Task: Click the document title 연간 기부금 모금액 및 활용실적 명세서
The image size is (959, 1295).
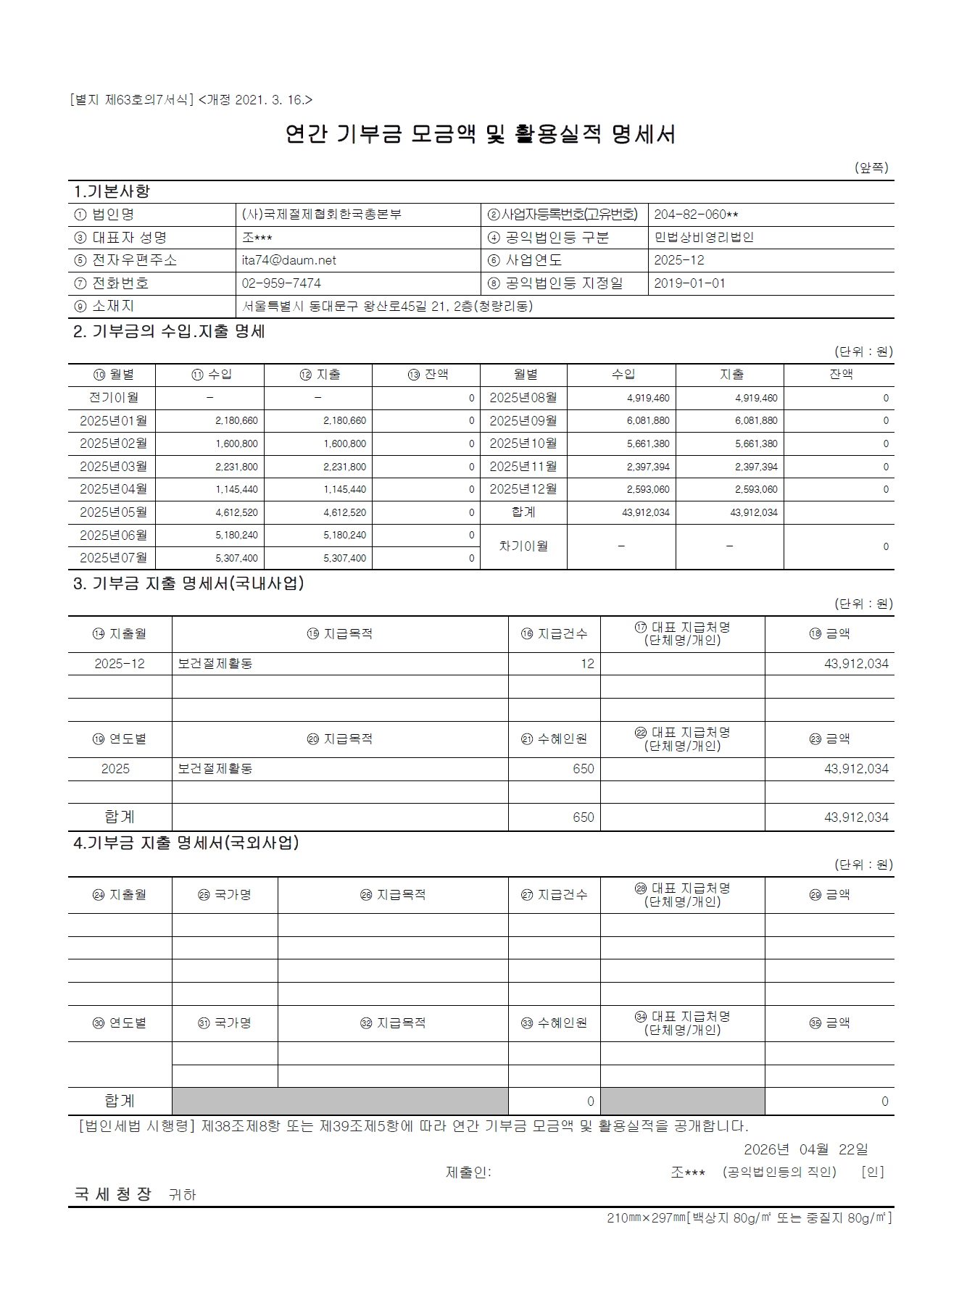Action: [x=480, y=134]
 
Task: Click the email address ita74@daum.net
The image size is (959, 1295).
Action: [x=288, y=260]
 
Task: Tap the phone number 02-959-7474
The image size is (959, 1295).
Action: [x=281, y=283]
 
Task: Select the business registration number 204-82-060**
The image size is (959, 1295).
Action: [x=696, y=215]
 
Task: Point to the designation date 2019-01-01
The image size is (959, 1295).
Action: [x=689, y=283]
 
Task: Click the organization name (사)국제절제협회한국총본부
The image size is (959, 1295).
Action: [x=321, y=215]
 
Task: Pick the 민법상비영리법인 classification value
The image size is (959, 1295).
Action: [x=704, y=238]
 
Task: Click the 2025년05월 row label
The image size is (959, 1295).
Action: [x=113, y=512]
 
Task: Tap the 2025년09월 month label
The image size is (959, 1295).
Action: [x=523, y=420]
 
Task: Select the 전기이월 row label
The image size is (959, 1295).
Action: [x=113, y=398]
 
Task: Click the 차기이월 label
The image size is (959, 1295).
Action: [x=523, y=546]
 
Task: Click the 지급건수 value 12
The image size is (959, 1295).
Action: [x=587, y=664]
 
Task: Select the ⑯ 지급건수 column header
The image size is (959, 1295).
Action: [x=555, y=634]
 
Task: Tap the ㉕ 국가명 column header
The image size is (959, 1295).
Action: [x=225, y=895]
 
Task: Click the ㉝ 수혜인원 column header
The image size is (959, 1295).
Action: [x=555, y=1023]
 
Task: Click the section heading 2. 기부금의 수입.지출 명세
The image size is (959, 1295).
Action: [x=169, y=332]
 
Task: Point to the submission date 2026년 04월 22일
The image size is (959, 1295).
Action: [x=805, y=1149]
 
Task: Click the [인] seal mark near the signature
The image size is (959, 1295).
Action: [x=873, y=1172]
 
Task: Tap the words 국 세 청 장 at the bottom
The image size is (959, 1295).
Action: [x=113, y=1194]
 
